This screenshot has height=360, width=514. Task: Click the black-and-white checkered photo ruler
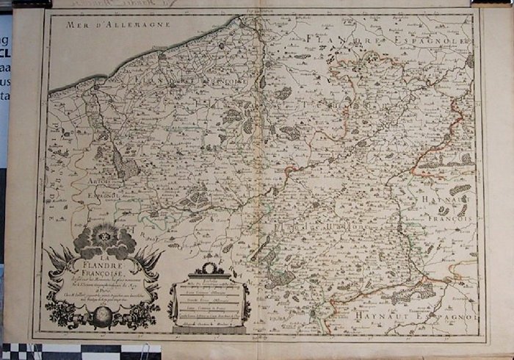coord(44,350)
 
